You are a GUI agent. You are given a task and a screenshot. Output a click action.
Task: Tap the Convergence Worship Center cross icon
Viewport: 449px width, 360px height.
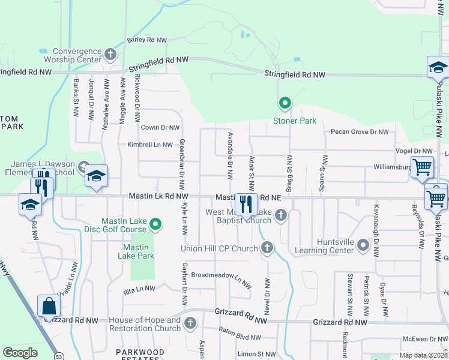[x=110, y=55]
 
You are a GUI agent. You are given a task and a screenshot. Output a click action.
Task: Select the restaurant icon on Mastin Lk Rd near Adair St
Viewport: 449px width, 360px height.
[x=245, y=205]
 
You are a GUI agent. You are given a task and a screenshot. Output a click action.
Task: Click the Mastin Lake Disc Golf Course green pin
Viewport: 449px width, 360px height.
[x=156, y=225]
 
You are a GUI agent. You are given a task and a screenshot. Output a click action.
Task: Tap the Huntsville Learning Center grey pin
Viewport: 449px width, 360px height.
[x=363, y=245]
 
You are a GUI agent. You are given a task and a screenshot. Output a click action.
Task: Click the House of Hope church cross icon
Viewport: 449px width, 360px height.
[x=190, y=324]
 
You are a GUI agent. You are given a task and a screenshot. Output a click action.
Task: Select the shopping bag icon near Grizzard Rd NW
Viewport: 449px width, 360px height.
[x=48, y=307]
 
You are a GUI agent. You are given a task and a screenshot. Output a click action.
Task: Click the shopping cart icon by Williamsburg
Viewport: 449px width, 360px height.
[x=422, y=168]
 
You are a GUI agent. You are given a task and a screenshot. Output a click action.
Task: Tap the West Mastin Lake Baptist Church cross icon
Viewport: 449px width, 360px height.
[x=280, y=216]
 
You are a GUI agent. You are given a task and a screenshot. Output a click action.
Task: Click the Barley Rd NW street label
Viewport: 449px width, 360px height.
[x=146, y=40]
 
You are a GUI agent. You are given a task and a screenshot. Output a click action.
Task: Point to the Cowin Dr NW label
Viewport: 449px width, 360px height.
[x=160, y=127]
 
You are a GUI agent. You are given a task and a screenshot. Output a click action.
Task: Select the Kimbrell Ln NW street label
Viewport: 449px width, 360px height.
[x=149, y=145]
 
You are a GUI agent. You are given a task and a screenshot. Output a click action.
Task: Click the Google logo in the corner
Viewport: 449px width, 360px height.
[x=20, y=353]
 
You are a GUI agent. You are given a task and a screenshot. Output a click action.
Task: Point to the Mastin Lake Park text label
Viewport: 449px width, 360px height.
[x=139, y=251]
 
